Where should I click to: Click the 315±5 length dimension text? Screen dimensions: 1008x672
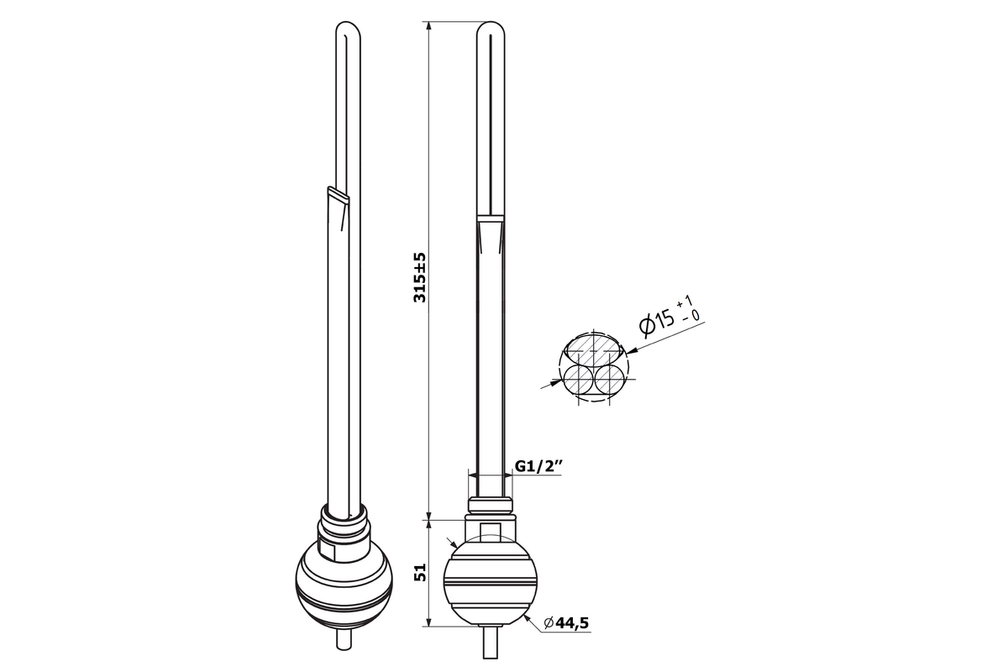[420, 278]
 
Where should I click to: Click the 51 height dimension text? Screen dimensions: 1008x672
[420, 572]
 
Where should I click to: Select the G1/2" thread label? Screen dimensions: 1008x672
[538, 466]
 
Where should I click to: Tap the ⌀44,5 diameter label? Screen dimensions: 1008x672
[566, 623]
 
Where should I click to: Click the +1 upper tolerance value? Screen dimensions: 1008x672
[685, 302]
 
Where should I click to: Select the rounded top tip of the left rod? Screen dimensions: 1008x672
[349, 28]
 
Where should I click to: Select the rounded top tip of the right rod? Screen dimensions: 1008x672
[491, 28]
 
